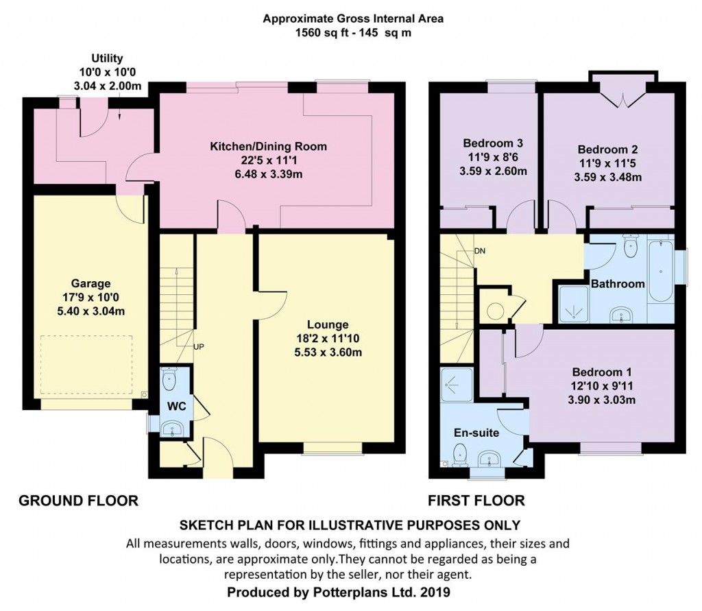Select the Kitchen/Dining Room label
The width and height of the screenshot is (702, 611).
click(268, 146)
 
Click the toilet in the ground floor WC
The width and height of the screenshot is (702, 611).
click(170, 379)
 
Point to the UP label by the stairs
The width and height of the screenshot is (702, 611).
click(199, 347)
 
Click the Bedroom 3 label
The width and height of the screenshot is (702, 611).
click(493, 143)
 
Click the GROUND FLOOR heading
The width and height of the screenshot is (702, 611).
click(77, 501)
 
